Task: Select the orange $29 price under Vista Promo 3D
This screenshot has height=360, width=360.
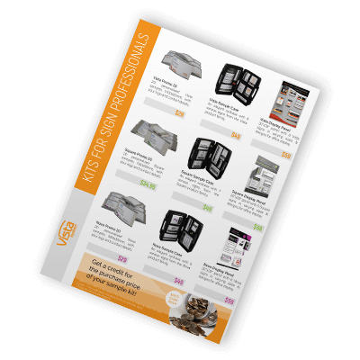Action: (x=179, y=114)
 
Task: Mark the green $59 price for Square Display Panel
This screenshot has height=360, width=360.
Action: (x=257, y=228)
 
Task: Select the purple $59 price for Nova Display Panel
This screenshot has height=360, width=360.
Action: (x=229, y=301)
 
